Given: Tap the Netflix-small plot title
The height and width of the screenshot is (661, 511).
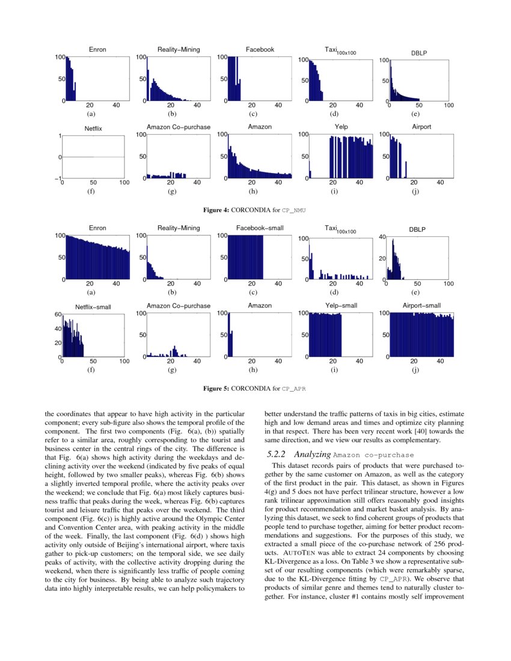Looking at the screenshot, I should click(x=93, y=307).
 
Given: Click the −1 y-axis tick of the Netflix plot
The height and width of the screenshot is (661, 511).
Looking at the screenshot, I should click(x=58, y=178).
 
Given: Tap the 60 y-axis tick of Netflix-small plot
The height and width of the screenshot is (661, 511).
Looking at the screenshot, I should click(x=58, y=314).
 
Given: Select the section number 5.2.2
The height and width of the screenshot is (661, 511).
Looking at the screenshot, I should click(x=277, y=454).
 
